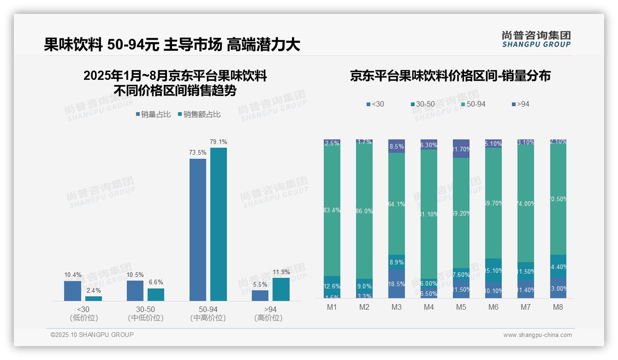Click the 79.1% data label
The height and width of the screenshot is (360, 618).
[219, 142]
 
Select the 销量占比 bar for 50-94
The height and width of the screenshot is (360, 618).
[198, 230]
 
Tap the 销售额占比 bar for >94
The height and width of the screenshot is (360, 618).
[281, 289]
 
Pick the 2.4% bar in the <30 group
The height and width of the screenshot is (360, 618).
[94, 299]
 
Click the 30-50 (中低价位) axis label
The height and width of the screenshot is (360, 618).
[146, 313]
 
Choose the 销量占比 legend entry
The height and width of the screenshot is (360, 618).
[153, 114]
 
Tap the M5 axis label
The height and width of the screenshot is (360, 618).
[461, 307]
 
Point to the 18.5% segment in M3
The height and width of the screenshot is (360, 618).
[397, 283]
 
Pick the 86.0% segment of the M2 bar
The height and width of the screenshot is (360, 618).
[364, 211]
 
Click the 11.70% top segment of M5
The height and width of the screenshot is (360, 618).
[461, 149]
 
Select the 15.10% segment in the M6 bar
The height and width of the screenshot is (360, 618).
[493, 270]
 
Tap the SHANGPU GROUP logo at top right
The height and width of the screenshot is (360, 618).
[536, 39]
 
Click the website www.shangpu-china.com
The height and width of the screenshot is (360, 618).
[537, 335]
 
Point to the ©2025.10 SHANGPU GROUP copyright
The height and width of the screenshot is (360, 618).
[92, 335]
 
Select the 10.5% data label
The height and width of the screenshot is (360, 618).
[135, 275]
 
